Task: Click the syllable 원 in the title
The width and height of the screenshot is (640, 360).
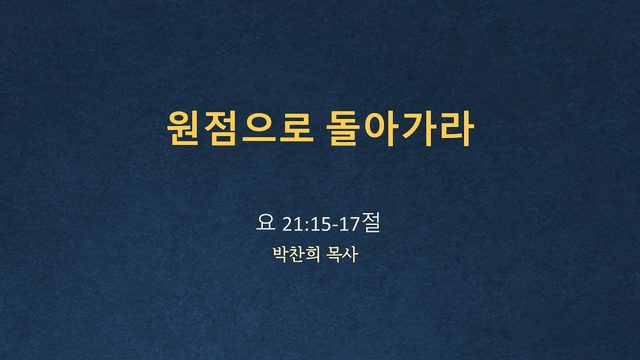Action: pos(183,128)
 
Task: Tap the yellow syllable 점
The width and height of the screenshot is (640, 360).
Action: pos(220,128)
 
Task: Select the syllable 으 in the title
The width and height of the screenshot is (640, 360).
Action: pos(259,128)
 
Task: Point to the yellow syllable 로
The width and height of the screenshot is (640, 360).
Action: pos(296,128)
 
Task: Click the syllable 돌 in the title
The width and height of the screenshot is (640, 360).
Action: pos(343,128)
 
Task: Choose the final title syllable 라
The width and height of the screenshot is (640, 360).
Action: pos(456,128)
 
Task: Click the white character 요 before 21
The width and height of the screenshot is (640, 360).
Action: pos(265,223)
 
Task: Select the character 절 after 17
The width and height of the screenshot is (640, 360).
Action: pos(370,223)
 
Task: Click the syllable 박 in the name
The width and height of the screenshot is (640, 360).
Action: pos(280,254)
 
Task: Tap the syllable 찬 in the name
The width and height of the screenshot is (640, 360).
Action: pos(297,254)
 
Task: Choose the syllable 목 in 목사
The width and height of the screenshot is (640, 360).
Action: pos(334,254)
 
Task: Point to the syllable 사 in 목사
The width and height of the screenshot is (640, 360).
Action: pos(350,254)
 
